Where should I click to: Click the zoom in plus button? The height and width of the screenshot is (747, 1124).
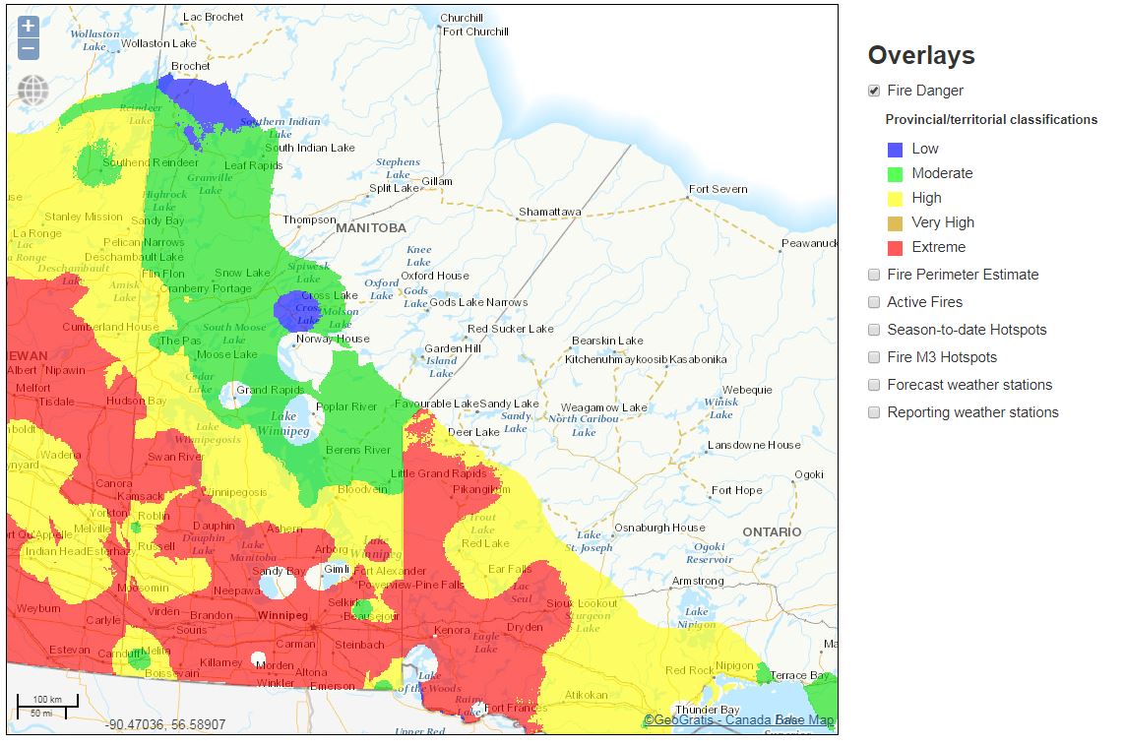[x=29, y=27]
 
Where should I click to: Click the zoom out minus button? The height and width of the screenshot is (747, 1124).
[x=29, y=48]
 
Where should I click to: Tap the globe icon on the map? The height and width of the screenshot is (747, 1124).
[x=32, y=91]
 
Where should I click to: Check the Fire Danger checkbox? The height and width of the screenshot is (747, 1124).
[x=874, y=91]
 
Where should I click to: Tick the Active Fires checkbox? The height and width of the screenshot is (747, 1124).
[x=874, y=302]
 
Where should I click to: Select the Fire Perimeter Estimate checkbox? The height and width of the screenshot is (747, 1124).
[x=874, y=275]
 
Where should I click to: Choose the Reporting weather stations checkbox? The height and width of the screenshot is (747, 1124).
[x=874, y=412]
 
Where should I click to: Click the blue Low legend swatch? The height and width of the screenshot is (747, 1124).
[x=895, y=150]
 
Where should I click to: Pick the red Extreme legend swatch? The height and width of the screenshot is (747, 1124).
[x=895, y=248]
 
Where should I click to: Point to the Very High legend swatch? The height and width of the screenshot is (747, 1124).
[x=895, y=223]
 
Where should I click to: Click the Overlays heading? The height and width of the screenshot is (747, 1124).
[x=921, y=55]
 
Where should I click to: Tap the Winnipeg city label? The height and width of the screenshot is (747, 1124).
[x=283, y=615]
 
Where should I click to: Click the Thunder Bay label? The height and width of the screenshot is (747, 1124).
[x=707, y=710]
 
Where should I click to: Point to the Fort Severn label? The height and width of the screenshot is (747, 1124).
[x=718, y=189]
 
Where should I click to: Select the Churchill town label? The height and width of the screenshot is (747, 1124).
[x=461, y=18]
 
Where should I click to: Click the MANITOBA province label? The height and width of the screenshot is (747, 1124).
[x=370, y=227]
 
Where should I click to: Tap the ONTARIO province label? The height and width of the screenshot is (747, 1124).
[x=772, y=531]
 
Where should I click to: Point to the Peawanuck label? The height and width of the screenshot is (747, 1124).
[x=809, y=243]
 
